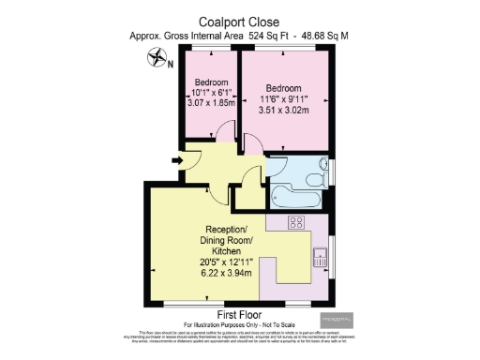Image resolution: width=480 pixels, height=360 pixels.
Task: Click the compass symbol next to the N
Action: [155, 64]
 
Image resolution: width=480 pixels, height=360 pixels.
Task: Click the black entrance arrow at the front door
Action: [178, 161]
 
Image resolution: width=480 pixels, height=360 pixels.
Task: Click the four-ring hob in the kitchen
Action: [298, 222]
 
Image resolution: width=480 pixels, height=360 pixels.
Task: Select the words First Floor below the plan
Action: [239, 314]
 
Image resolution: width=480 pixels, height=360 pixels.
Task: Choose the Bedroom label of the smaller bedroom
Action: [208, 82]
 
